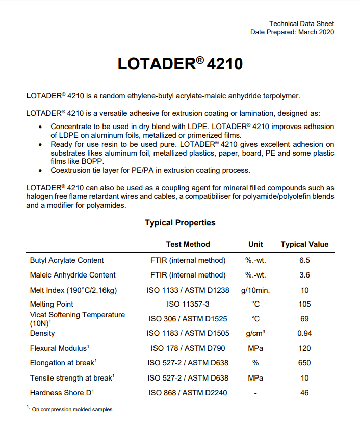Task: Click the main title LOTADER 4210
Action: (180, 64)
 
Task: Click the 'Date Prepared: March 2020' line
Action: (292, 32)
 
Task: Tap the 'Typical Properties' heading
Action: (180, 223)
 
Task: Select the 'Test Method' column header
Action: (188, 244)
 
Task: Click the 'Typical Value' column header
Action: (304, 244)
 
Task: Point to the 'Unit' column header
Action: (255, 244)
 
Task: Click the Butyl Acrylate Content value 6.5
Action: (304, 260)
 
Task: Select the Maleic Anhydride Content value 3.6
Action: (304, 275)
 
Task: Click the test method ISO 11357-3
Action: (188, 304)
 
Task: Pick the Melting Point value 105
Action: (304, 304)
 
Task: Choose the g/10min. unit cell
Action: (255, 290)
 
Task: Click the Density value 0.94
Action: (304, 334)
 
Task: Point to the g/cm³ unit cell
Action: (255, 334)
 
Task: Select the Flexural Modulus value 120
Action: (304, 348)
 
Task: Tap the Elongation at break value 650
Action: (304, 363)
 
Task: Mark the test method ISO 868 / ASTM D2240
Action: (188, 393)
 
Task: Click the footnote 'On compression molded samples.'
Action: (73, 410)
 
